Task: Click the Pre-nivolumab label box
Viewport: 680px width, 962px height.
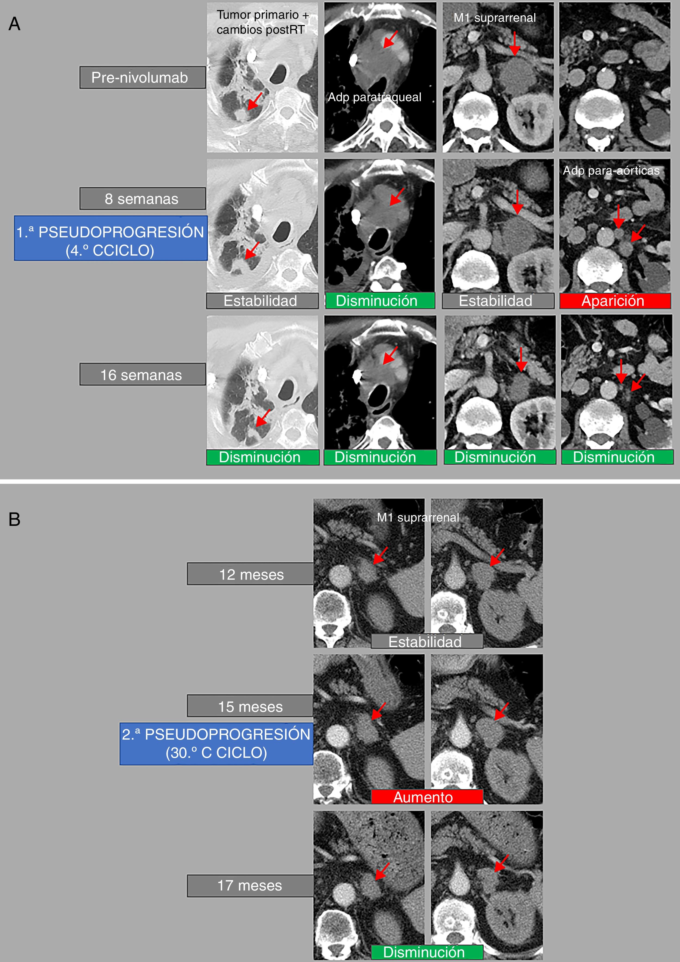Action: (142, 77)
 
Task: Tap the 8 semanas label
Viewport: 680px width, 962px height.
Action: (142, 198)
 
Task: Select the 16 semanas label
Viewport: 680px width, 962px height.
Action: (142, 375)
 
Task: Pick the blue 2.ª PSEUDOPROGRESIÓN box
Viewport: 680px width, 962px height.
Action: (216, 744)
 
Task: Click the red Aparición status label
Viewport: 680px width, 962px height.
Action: (615, 301)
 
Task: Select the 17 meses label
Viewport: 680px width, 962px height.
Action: (250, 886)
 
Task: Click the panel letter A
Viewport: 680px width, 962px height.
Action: (14, 24)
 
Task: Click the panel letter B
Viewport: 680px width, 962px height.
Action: (14, 519)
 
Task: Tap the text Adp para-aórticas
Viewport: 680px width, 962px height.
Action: (611, 170)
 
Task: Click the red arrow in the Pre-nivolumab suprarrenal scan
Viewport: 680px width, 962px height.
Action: (514, 44)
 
